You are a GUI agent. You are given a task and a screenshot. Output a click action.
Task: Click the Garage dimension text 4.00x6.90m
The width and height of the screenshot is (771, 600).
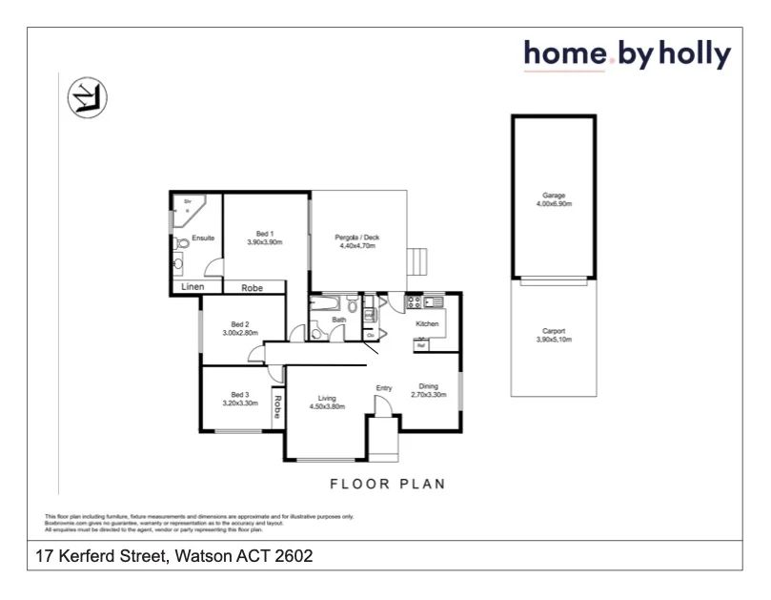[554, 204]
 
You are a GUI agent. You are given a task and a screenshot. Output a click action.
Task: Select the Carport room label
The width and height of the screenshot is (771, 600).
[554, 331]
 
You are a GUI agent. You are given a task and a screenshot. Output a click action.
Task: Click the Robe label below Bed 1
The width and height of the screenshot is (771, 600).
[252, 287]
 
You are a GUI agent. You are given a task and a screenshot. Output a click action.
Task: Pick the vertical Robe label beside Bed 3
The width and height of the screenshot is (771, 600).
[278, 407]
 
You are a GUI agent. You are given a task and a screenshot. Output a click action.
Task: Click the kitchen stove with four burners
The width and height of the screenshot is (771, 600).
[414, 303]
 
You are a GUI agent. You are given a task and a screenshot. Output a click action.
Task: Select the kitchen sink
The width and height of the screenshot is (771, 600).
[436, 303]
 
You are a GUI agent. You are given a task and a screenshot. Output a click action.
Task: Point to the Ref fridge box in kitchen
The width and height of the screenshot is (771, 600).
[421, 345]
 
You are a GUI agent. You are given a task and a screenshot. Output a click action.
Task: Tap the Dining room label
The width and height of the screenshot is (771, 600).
[428, 385]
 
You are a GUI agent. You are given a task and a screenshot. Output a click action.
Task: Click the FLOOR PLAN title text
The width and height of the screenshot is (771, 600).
[388, 484]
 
